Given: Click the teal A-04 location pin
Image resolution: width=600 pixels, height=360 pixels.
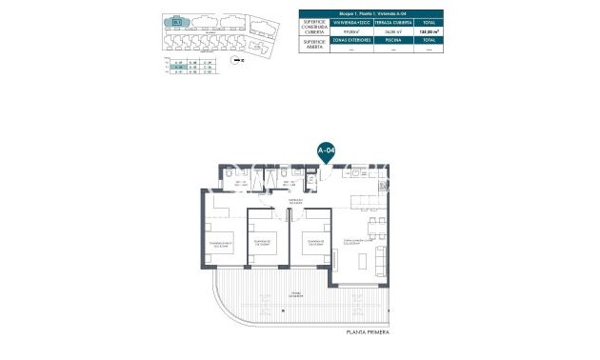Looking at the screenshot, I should (326, 150).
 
